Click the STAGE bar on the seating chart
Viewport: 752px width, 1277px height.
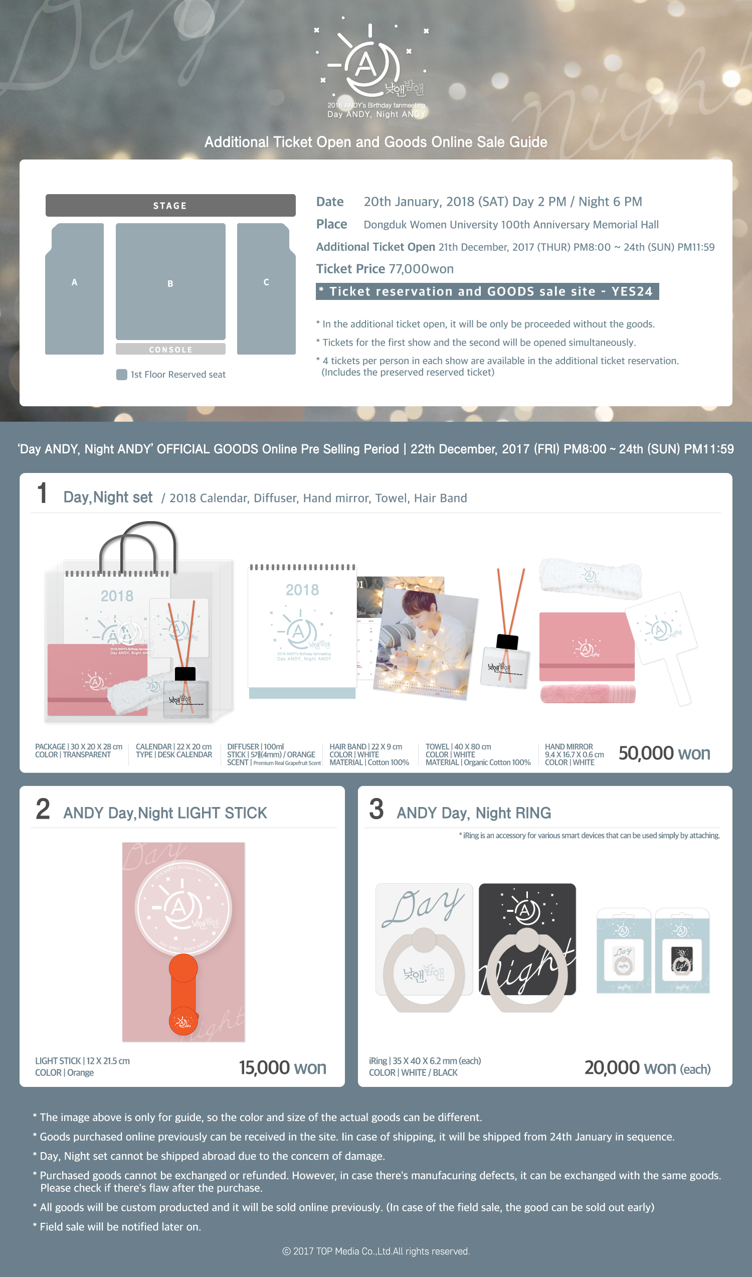[170, 205]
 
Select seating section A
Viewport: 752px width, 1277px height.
[75, 288]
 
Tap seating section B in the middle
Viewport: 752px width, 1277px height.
[170, 281]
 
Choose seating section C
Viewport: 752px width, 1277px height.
[267, 288]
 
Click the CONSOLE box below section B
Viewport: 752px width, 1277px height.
[170, 349]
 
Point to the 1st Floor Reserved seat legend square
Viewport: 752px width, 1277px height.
[122, 375]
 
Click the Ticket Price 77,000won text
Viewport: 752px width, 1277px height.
[385, 269]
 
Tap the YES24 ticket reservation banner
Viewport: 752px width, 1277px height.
[487, 291]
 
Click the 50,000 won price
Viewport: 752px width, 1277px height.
[664, 753]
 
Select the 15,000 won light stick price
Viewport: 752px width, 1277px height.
[282, 1068]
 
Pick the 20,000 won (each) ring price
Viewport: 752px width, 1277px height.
[647, 1068]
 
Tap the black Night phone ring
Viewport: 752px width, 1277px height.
[527, 948]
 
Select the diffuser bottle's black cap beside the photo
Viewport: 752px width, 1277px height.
[507, 642]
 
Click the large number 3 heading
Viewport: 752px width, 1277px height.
[376, 809]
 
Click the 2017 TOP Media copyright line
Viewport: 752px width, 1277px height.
[376, 1251]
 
